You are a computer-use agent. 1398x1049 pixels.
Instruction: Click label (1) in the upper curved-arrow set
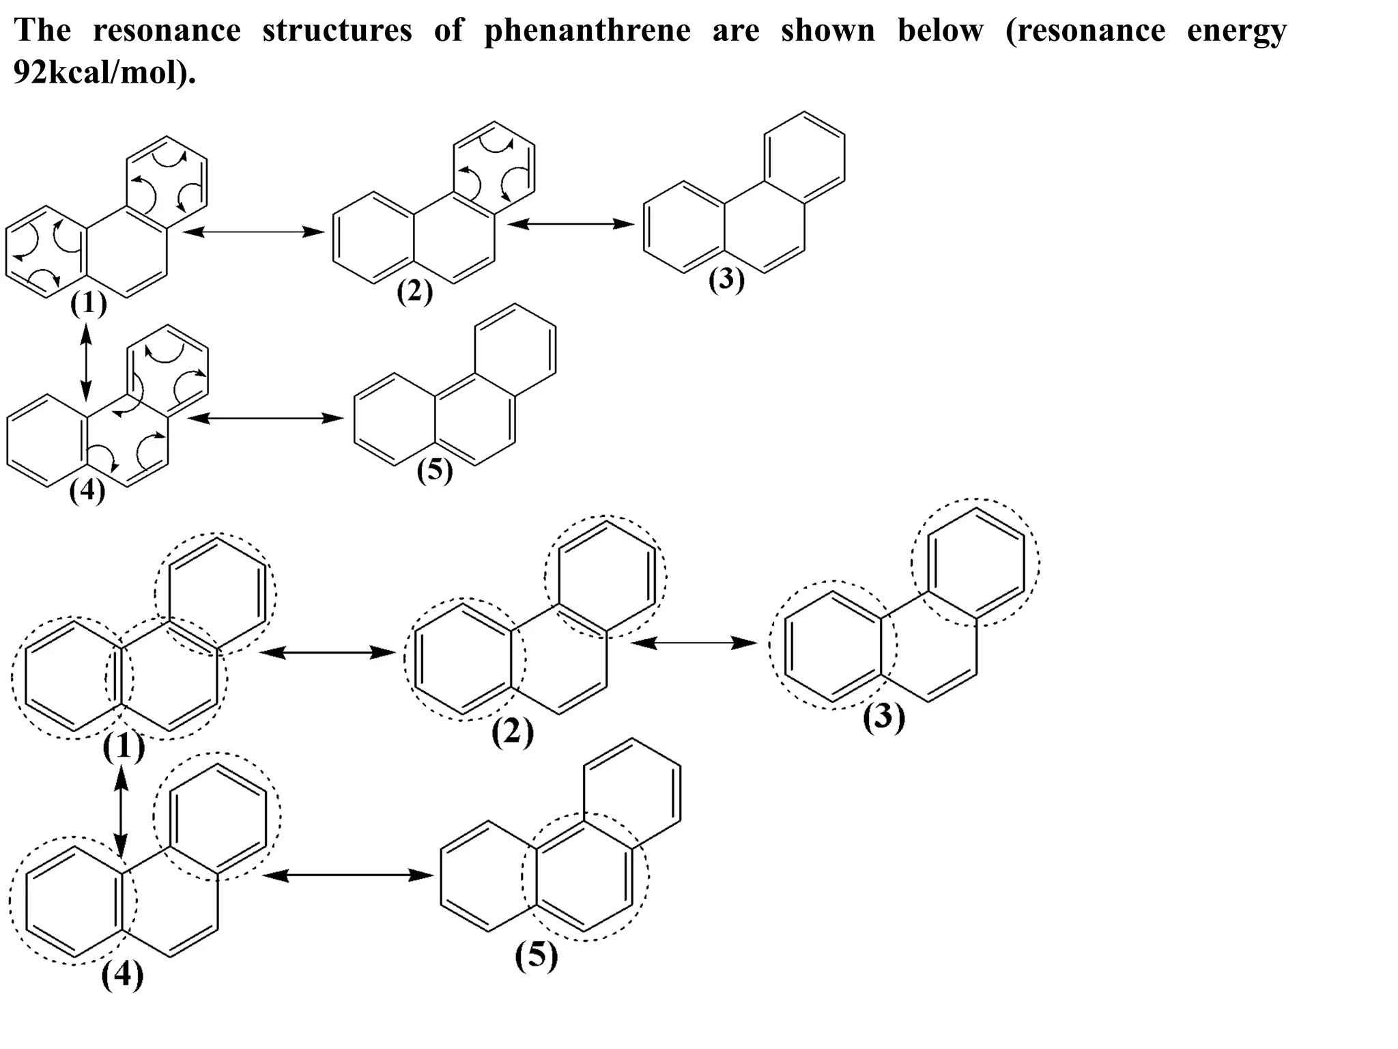(89, 304)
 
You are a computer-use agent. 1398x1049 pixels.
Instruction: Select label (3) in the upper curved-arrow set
(726, 281)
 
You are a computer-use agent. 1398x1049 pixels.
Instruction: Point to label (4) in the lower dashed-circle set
(123, 975)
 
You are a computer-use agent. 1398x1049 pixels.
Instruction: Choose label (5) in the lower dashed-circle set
(537, 955)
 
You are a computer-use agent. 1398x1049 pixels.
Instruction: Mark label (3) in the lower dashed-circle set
(884, 718)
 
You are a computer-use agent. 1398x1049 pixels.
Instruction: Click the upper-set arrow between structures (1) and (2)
(253, 232)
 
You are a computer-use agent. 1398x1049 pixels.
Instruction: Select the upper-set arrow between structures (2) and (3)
(571, 223)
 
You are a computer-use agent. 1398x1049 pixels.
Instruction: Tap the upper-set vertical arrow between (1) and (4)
(85, 361)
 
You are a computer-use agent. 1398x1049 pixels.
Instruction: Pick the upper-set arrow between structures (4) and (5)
(265, 418)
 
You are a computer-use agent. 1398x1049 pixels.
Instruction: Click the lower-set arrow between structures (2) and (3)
(694, 643)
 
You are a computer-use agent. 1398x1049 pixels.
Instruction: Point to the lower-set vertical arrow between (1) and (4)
(122, 811)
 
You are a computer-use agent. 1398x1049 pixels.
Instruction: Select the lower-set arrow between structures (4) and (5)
(347, 875)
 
